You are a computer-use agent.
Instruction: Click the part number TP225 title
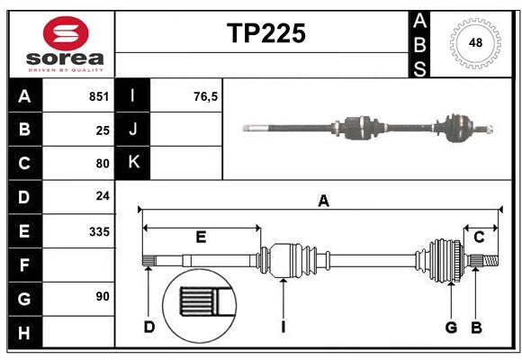265,33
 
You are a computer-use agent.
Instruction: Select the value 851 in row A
98,96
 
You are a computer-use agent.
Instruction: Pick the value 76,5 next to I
205,96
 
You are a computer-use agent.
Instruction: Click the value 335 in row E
98,231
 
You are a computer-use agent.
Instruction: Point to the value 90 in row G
102,296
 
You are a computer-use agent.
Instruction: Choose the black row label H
24,333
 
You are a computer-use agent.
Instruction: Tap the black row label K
134,163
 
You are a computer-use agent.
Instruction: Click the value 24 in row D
102,195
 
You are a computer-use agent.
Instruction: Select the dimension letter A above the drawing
323,202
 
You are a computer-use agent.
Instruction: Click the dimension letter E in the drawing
201,238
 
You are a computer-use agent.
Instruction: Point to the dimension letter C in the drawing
479,237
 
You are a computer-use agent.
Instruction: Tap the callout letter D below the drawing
148,327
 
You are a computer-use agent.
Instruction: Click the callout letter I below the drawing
283,327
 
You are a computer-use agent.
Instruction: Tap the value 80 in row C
102,164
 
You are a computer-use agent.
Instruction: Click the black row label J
134,130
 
